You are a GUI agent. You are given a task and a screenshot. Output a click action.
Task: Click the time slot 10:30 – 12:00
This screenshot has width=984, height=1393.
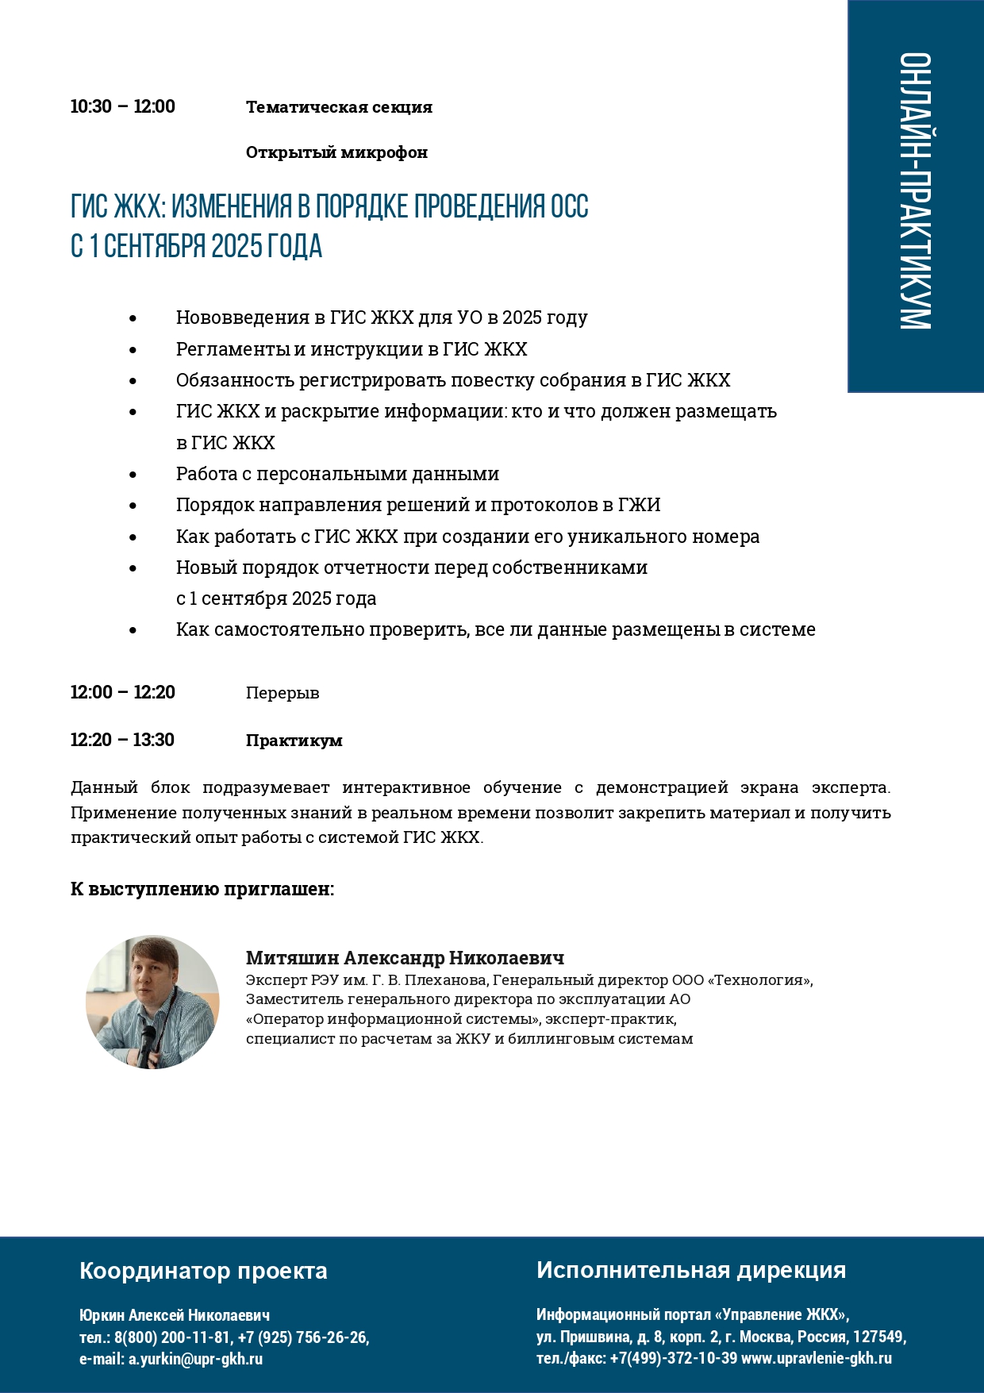[x=122, y=106]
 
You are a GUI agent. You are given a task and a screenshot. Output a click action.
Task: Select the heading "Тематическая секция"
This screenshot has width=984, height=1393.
[x=339, y=107]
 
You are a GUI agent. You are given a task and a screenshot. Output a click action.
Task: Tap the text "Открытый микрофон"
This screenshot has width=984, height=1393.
[x=336, y=152]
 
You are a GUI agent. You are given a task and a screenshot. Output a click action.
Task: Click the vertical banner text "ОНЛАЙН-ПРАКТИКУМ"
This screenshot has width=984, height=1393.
[x=915, y=191]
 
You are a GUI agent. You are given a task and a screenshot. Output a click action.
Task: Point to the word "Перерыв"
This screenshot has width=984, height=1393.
[x=283, y=693]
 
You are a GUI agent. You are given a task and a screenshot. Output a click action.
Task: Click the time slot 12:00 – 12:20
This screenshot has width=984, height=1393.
[x=122, y=692]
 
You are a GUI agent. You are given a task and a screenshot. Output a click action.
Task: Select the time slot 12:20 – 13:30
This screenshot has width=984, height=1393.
[x=122, y=740]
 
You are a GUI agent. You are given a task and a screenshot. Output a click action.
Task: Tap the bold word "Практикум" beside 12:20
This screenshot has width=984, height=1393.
[x=294, y=741]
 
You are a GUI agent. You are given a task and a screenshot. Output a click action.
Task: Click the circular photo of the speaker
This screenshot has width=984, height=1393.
[x=152, y=1002]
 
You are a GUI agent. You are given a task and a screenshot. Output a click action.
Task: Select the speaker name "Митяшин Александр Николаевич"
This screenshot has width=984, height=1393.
[x=405, y=958]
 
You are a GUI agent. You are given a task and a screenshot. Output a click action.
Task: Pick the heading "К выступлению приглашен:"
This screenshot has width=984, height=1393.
[x=202, y=889]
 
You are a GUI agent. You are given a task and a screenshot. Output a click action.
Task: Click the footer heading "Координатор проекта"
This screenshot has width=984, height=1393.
[x=203, y=1271]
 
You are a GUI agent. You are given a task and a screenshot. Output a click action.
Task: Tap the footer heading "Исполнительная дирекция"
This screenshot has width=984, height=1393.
[x=690, y=1270]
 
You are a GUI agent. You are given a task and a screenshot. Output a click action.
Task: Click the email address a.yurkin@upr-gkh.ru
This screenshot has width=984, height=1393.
[x=195, y=1358]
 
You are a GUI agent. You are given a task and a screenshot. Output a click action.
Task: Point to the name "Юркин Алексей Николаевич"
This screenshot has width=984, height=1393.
[x=175, y=1315]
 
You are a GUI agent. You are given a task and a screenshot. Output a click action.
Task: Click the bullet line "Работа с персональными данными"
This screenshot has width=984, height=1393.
[x=337, y=474]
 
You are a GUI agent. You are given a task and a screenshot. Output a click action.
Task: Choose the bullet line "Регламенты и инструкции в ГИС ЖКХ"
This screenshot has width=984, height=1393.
[x=352, y=349]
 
